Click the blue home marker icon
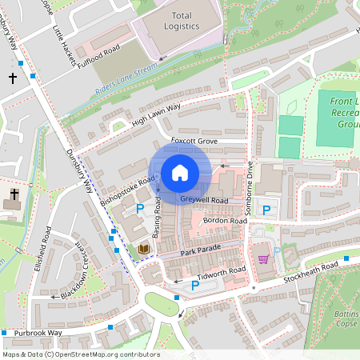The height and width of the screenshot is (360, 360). (x=180, y=172)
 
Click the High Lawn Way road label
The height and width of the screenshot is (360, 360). (x=156, y=114)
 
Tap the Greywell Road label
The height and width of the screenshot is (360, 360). (x=204, y=199)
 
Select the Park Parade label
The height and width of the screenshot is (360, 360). (x=199, y=253)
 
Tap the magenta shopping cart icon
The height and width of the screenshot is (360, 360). (x=263, y=258)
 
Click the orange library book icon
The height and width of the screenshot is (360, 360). (x=144, y=250)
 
